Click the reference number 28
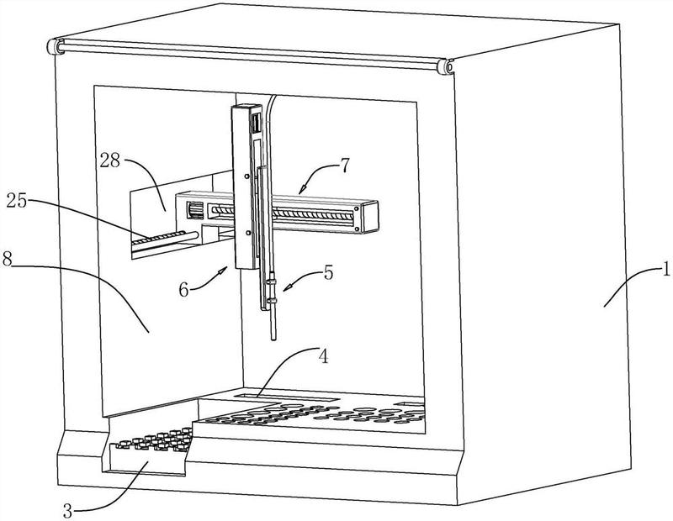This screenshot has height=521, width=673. pos(110,161)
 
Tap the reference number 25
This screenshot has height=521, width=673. pos(16,201)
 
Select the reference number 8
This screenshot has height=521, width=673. pos(7,259)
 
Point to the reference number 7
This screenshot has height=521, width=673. pos(346,165)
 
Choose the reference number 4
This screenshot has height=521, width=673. pos(324,355)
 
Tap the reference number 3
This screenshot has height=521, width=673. pos(67,511)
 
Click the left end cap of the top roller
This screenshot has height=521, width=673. pos(54,46)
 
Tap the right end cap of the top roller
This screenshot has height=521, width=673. pos(446,67)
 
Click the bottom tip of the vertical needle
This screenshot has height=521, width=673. pos(273,340)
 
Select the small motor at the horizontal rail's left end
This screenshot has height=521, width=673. pos(196,211)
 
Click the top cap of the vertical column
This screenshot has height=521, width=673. pos(246,108)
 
